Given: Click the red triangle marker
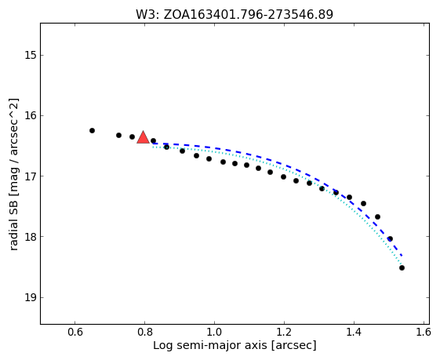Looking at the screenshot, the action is coord(143,137).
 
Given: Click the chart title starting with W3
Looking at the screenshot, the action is coord(235,14).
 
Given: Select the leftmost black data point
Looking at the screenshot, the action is coord(92,130).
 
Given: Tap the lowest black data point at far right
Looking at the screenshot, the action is coord(402,267).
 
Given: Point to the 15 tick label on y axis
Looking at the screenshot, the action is coord(30,55).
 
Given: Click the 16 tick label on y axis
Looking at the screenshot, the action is coord(30,115).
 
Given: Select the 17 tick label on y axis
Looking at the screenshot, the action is coord(30,176).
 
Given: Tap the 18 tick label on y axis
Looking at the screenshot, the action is coord(30,237).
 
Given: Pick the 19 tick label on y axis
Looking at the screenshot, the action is coord(30,297).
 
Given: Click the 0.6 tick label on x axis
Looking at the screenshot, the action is coord(75,332).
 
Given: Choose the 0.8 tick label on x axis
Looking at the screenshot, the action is coord(144,332).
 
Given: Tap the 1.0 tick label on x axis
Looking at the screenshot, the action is coord(214,332).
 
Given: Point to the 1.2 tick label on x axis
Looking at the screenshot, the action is coord(284,332).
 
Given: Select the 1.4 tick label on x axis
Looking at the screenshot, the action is coord(355,332).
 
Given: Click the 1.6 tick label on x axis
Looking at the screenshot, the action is coord(424,332).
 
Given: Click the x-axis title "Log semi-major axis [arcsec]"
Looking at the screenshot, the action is coord(235,345).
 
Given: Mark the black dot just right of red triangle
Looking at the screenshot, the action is coord(153,140).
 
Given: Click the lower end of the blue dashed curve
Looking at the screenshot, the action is coord(402,256).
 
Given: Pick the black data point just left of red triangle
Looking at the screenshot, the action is coord(133,136).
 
